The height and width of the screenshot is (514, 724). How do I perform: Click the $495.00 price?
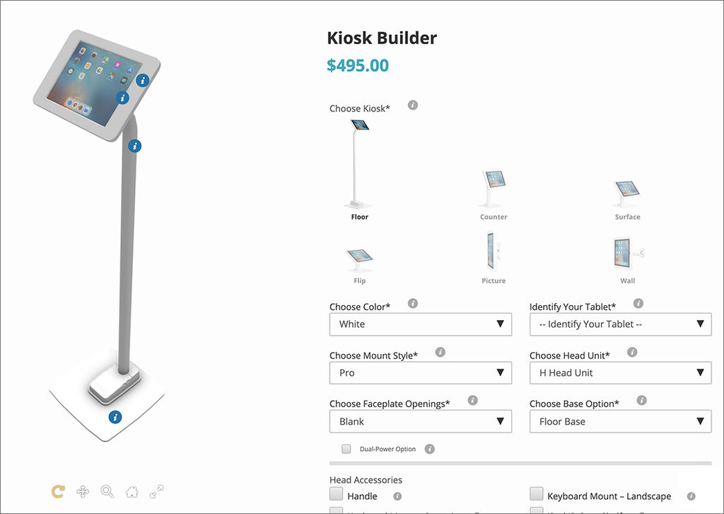click(358, 66)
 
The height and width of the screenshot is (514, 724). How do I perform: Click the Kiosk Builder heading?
click(382, 38)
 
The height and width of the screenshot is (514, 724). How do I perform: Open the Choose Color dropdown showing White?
click(420, 324)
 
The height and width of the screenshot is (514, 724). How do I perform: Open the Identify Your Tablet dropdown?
click(620, 324)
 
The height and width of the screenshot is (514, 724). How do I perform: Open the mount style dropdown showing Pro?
click(420, 373)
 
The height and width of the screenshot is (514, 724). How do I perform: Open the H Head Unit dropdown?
click(620, 373)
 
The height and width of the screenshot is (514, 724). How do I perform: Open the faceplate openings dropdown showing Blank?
click(420, 421)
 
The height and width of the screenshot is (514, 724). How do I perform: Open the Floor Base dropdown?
click(620, 421)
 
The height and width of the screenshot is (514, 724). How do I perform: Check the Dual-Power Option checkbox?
click(346, 449)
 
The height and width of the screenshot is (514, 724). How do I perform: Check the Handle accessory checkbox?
click(337, 494)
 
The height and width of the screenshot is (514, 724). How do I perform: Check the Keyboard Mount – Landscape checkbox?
click(537, 494)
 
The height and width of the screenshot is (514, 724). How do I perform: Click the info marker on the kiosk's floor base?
click(115, 417)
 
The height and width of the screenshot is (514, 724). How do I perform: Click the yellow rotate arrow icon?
click(58, 491)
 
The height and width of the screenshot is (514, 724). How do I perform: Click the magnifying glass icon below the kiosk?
click(107, 491)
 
